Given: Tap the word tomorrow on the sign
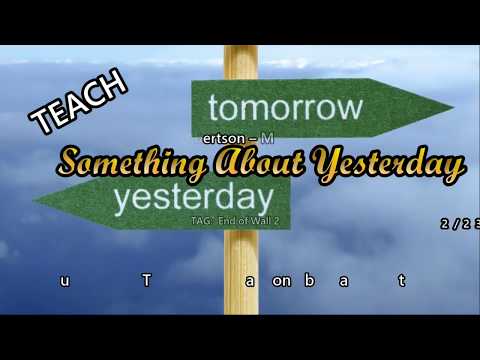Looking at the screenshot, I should click(285, 106).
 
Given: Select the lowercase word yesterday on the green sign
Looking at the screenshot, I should click(193, 197).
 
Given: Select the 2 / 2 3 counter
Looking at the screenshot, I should click(459, 224).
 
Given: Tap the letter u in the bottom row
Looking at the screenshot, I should click(65, 281).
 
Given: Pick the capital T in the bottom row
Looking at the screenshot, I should click(147, 281).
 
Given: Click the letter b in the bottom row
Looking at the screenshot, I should click(309, 281).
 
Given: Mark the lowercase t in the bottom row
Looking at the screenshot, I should click(402, 281).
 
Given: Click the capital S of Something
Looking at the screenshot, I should click(71, 161).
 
